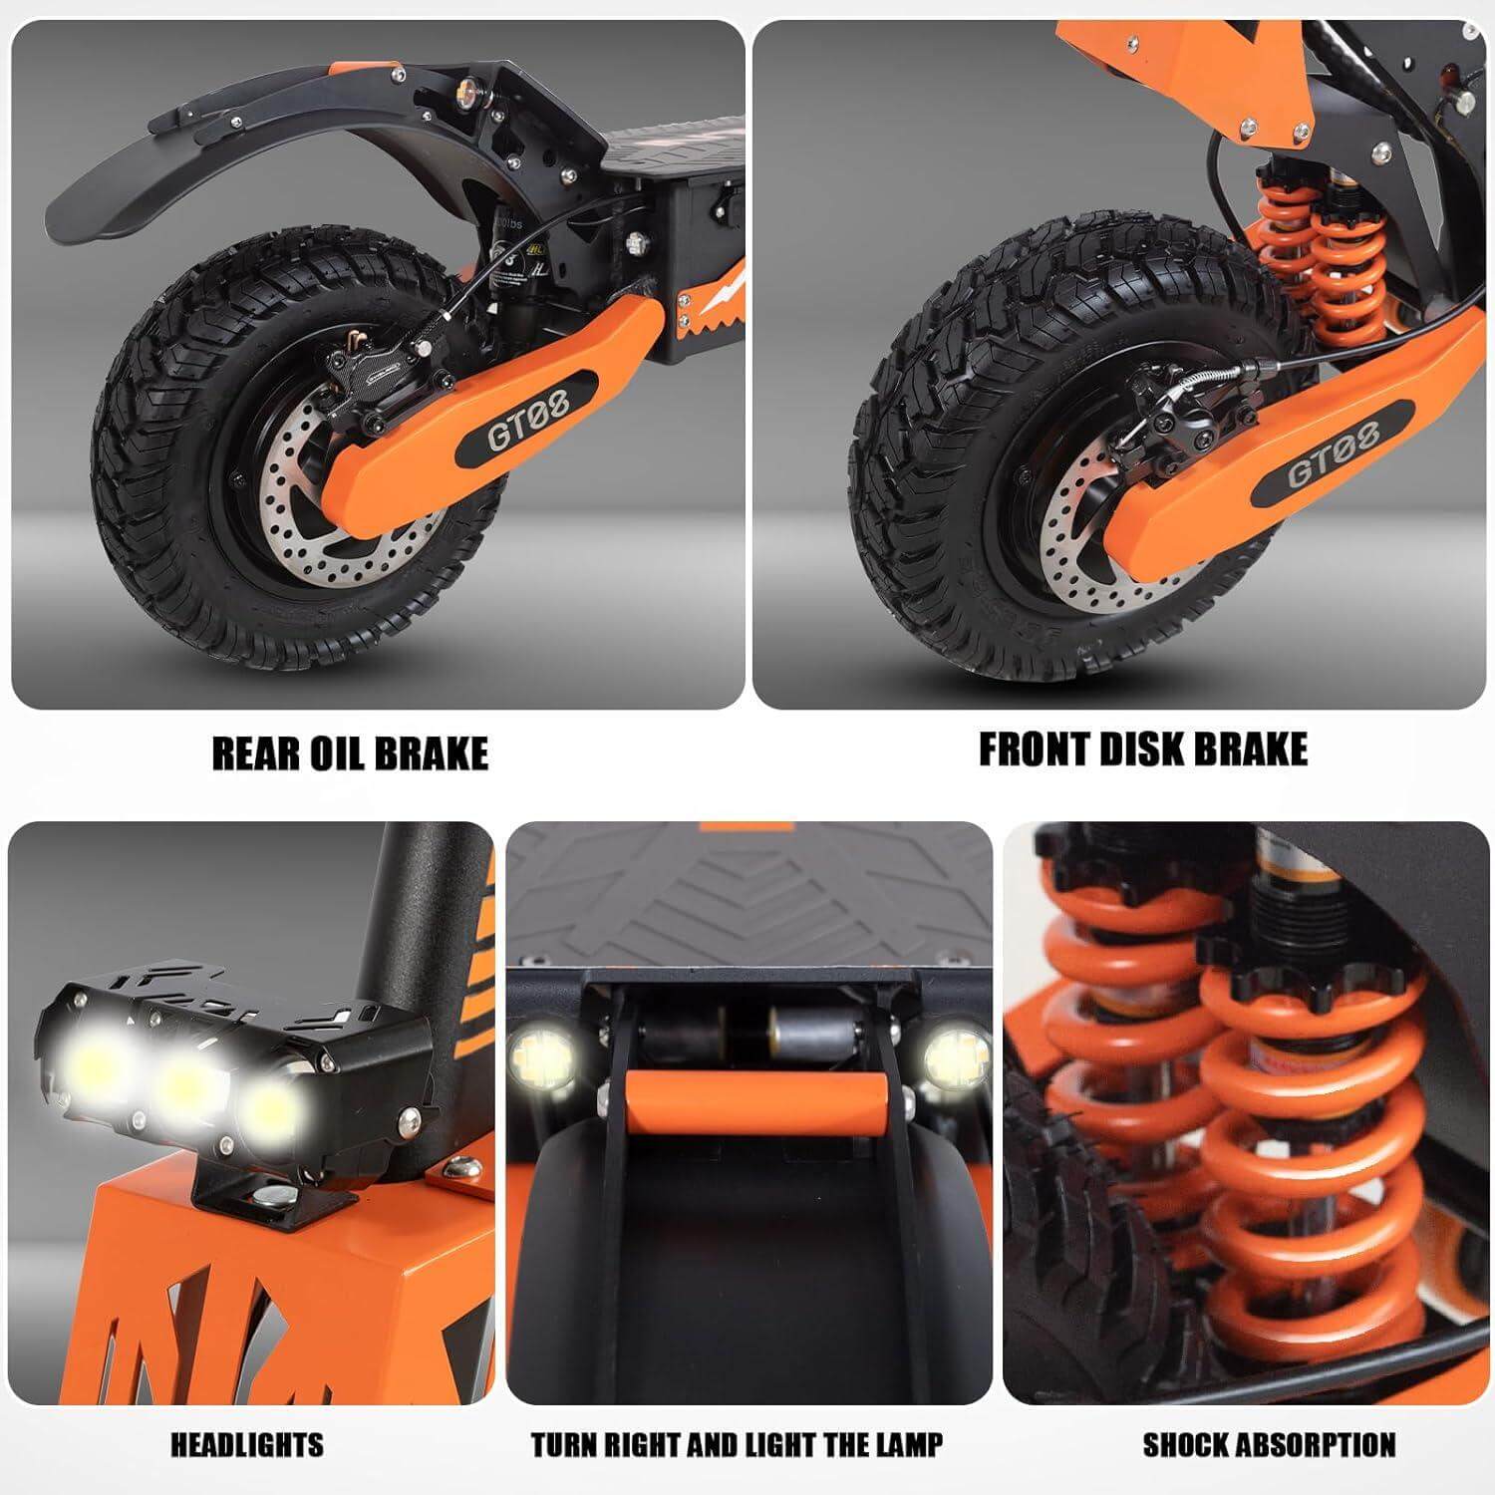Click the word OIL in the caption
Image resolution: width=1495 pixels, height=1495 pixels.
347,754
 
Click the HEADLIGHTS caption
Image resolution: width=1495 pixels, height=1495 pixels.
247,1444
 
